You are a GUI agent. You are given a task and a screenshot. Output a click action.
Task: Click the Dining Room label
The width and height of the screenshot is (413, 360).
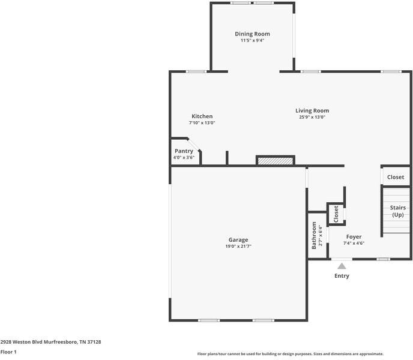(x=252, y=34)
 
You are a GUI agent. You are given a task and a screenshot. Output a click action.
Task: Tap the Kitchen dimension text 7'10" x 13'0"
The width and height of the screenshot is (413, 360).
(x=202, y=123)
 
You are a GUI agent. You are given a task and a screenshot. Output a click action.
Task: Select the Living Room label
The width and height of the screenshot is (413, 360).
(x=312, y=111)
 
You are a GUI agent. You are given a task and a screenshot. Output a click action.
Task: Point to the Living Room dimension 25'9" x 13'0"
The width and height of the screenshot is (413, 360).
(x=312, y=117)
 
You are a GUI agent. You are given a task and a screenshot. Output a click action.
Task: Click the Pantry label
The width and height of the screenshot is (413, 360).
(x=184, y=151)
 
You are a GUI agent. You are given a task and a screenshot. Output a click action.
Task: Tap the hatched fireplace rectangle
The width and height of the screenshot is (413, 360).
(x=276, y=161)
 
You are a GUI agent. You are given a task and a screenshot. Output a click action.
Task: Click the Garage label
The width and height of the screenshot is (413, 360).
(x=238, y=240)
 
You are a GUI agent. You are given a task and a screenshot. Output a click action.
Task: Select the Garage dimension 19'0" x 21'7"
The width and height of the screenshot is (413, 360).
(x=238, y=246)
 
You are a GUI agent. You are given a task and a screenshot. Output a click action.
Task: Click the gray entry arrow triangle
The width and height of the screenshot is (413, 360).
(x=342, y=266)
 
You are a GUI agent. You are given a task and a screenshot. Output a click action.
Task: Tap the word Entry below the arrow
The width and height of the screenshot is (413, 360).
(x=342, y=276)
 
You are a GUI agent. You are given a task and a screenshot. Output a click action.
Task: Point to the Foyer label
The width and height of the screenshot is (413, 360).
(x=354, y=237)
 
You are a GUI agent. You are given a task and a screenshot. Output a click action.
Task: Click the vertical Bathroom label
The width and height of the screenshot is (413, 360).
(x=314, y=235)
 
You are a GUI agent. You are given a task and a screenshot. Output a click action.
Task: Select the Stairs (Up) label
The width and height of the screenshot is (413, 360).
(x=398, y=211)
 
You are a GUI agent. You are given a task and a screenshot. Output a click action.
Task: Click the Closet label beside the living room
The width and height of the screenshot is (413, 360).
(x=396, y=177)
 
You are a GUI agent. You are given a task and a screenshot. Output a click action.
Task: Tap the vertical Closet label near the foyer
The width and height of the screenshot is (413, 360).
(x=336, y=214)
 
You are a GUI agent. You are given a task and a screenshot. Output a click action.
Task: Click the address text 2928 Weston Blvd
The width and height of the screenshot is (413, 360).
(x=22, y=342)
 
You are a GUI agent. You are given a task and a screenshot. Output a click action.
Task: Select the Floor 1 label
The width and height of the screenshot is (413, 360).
(x=8, y=352)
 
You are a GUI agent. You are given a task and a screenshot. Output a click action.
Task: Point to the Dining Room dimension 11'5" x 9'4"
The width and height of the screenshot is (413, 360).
(x=252, y=40)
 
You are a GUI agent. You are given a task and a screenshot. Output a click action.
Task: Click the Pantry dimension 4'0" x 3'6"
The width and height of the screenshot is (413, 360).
(x=184, y=157)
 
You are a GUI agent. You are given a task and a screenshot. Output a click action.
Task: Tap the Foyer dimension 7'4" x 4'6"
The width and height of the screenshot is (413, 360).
(x=354, y=243)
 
